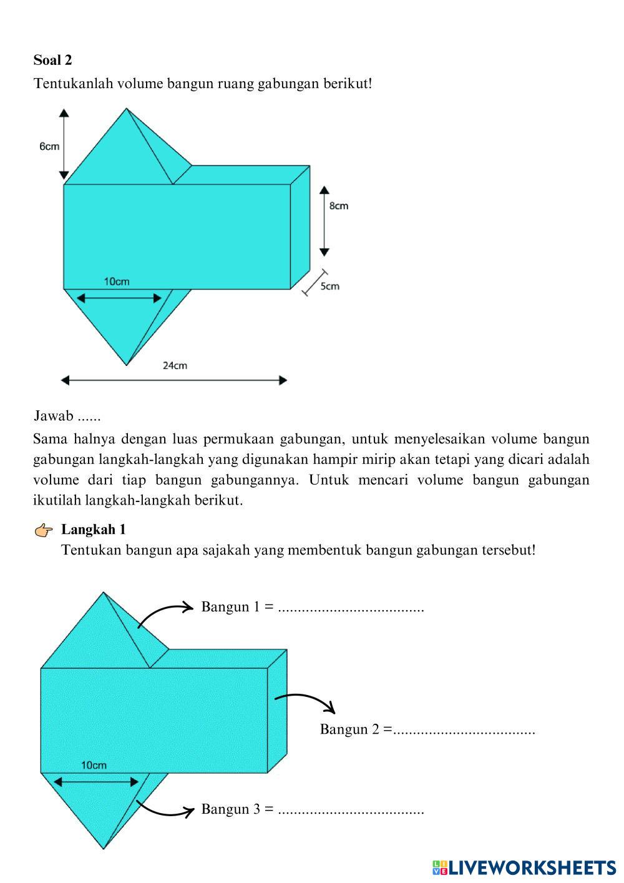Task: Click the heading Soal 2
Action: pyautogui.click(x=53, y=60)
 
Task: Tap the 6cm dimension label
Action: pyautogui.click(x=49, y=147)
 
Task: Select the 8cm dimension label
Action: pyautogui.click(x=339, y=205)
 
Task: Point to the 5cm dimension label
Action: pyautogui.click(x=330, y=286)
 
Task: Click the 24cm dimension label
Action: pyautogui.click(x=175, y=365)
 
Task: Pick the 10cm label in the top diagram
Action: pyautogui.click(x=117, y=282)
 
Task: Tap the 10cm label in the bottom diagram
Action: pyautogui.click(x=94, y=765)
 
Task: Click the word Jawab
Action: pyautogui.click(x=54, y=416)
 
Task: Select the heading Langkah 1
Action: pyautogui.click(x=94, y=530)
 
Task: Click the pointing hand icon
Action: pyautogui.click(x=44, y=531)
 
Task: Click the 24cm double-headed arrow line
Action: pyautogui.click(x=174, y=380)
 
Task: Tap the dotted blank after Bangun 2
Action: pyautogui.click(x=464, y=729)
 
